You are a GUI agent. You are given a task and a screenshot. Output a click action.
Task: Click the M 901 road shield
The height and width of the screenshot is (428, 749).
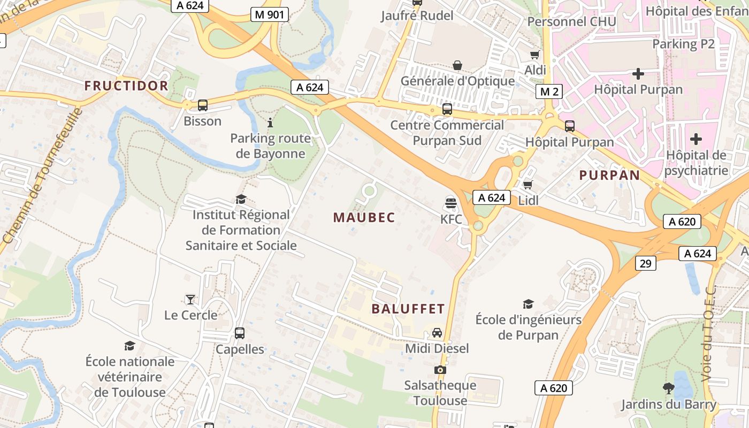click(x=270, y=15)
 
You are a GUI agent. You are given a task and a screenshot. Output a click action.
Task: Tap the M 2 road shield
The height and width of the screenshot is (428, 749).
click(x=549, y=91)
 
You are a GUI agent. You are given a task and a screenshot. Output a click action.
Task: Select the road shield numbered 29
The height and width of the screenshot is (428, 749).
click(x=646, y=263)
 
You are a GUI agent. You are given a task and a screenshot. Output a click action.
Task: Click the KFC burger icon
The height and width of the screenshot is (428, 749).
click(x=450, y=203)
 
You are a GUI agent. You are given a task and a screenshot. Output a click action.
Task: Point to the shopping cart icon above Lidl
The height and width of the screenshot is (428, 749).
click(x=528, y=185)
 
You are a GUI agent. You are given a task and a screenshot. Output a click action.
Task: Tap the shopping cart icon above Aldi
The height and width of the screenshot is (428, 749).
click(x=534, y=55)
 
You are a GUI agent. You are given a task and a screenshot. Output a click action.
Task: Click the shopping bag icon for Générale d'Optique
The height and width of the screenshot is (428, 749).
click(x=457, y=65)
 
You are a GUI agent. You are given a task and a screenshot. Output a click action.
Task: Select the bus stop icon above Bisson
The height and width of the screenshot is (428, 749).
click(x=202, y=105)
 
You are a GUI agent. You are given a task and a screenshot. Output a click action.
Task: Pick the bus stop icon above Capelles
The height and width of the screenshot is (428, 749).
click(x=240, y=333)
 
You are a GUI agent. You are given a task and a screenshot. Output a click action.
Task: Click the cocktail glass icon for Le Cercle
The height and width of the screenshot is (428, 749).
click(x=190, y=299)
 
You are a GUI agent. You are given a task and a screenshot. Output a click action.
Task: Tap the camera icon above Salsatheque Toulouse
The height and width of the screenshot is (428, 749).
click(x=440, y=370)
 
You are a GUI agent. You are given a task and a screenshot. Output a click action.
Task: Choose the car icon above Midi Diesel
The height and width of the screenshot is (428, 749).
click(x=437, y=333)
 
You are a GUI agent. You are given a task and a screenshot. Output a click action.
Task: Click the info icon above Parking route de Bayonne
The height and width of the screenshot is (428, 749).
click(x=270, y=123)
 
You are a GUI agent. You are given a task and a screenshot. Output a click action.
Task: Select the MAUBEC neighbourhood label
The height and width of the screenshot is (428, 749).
click(x=364, y=218)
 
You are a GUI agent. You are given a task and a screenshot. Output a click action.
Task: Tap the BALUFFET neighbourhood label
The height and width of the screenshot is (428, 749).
click(x=408, y=309)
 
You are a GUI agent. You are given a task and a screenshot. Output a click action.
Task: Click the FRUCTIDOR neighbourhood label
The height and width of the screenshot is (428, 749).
click(x=126, y=86)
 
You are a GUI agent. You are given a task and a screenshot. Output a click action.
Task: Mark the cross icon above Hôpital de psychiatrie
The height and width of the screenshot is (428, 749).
click(x=695, y=140)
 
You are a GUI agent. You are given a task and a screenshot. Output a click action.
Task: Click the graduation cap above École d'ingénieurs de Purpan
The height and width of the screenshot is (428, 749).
click(x=528, y=304)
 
